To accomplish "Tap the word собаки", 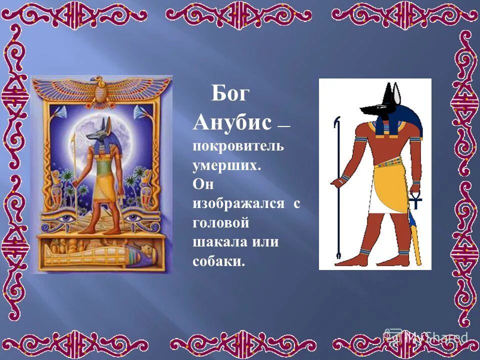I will (219, 261).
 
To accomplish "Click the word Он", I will (203, 185).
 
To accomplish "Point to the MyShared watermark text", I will (435, 337).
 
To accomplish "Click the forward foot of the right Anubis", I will (354, 261).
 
